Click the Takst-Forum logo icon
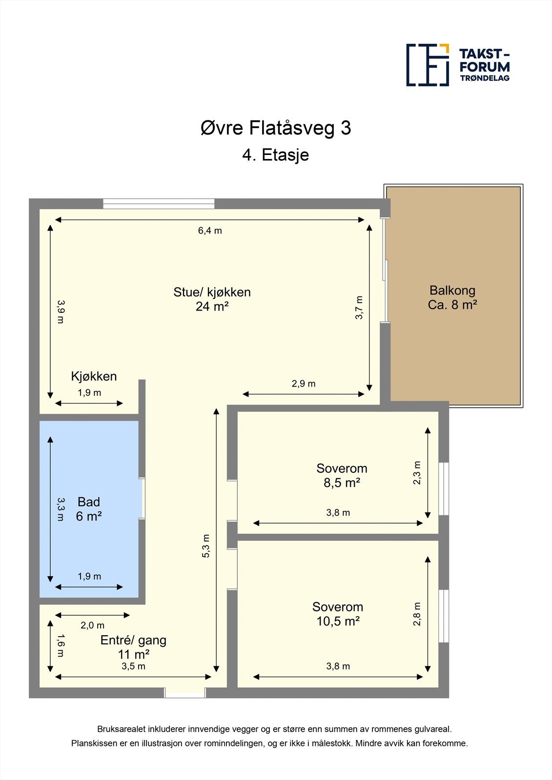pyautogui.click(x=428, y=65)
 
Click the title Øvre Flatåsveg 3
pyautogui.click(x=276, y=128)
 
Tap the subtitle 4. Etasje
pyautogui.click(x=276, y=155)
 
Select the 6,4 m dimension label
pyautogui.click(x=210, y=231)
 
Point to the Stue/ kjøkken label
pyautogui.click(x=212, y=299)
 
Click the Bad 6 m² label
pyautogui.click(x=89, y=509)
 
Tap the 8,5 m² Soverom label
pyautogui.click(x=342, y=475)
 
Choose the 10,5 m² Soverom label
pyautogui.click(x=338, y=614)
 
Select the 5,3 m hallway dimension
pyautogui.click(x=206, y=546)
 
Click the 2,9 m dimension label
pyautogui.click(x=304, y=384)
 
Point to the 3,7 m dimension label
pyautogui.click(x=360, y=308)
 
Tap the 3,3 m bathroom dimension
pyautogui.click(x=60, y=509)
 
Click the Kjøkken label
pyautogui.click(x=94, y=376)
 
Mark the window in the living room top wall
pyautogui.click(x=159, y=204)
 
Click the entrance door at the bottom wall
pyautogui.click(x=184, y=693)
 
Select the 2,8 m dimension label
pyautogui.click(x=417, y=614)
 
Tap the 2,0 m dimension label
pyautogui.click(x=92, y=625)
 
